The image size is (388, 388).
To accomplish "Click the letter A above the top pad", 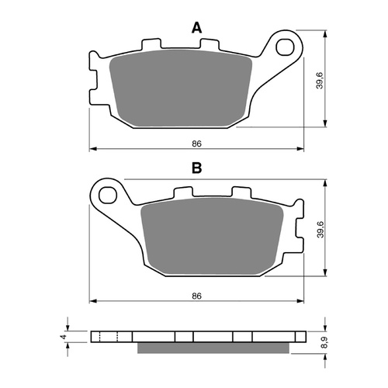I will (196, 28).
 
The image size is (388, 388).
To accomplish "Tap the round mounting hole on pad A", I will (289, 46).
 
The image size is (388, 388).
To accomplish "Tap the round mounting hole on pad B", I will (106, 191).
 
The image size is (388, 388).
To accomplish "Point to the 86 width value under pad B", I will (196, 296).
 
